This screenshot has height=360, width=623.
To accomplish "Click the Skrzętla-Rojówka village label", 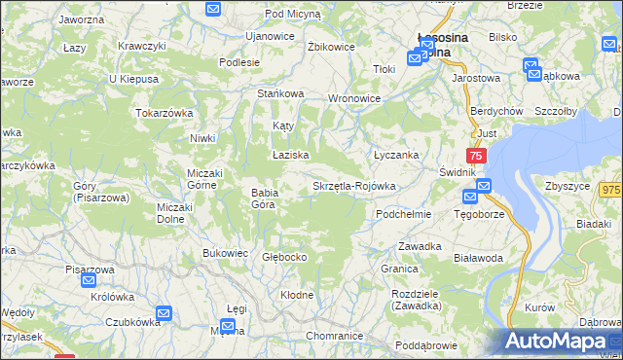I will point(353,186).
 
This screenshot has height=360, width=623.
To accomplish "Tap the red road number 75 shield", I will point(476,156).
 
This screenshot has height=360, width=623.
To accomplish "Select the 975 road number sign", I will point(610,191).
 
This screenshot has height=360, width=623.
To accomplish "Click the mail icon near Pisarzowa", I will point(89,280).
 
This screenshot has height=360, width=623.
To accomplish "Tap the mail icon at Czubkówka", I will point(163,314).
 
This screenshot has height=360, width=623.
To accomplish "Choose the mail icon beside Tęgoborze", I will point(484,186).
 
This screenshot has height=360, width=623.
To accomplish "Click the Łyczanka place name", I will point(396,155).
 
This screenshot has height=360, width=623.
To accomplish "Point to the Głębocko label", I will point(285,257).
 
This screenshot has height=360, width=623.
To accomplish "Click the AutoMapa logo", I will point(563,341).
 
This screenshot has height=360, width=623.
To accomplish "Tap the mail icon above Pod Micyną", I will point(214,9).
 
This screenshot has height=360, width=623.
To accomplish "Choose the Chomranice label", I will point(334,336).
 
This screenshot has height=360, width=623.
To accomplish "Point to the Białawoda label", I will point(478,258).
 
